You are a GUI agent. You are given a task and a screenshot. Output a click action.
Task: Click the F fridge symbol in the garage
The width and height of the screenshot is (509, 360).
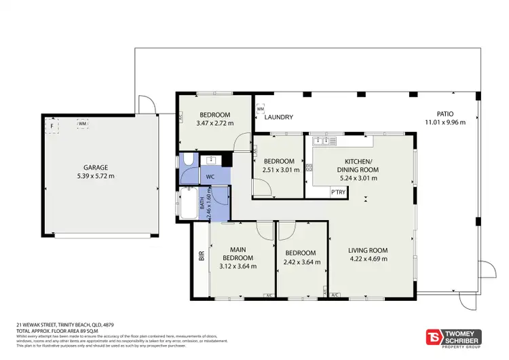(x=52, y=125)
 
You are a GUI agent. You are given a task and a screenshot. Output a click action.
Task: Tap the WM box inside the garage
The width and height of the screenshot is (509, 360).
(x=82, y=124)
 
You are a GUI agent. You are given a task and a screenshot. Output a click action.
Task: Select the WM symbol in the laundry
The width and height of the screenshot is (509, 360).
(x=260, y=109)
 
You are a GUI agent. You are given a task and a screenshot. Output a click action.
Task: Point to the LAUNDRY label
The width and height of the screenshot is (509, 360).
(x=278, y=118)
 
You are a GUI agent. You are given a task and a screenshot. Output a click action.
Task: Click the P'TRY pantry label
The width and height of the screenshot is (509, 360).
(x=337, y=192)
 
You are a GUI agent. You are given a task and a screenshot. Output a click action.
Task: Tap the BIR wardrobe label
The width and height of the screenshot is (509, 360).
(x=201, y=257)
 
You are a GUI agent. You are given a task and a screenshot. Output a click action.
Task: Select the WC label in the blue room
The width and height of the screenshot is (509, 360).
(x=210, y=176)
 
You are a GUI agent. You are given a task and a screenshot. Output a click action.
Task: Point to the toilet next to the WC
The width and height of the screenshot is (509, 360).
(x=187, y=161)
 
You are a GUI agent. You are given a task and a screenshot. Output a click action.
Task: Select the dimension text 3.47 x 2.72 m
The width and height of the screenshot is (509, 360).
(x=214, y=123)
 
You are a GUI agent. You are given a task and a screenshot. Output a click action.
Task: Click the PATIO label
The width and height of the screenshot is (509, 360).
(x=445, y=114)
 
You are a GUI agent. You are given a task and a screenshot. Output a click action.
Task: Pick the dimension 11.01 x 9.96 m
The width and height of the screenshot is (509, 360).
(x=445, y=122)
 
